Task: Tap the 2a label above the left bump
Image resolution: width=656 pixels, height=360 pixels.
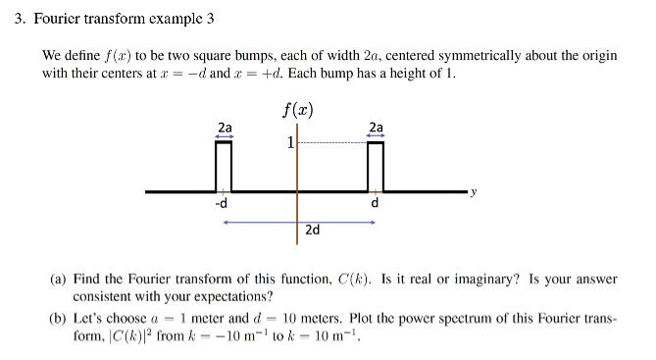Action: pos(225,128)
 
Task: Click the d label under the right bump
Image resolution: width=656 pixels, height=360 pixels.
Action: pos(375,204)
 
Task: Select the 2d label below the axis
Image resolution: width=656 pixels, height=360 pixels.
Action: pos(312,230)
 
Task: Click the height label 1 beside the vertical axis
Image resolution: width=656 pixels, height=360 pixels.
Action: pos(289,143)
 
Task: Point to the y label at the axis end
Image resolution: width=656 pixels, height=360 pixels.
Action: pos(473,192)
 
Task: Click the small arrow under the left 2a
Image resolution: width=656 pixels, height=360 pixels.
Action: pos(225,136)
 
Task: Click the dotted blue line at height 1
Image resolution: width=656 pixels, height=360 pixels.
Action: pos(333,143)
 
